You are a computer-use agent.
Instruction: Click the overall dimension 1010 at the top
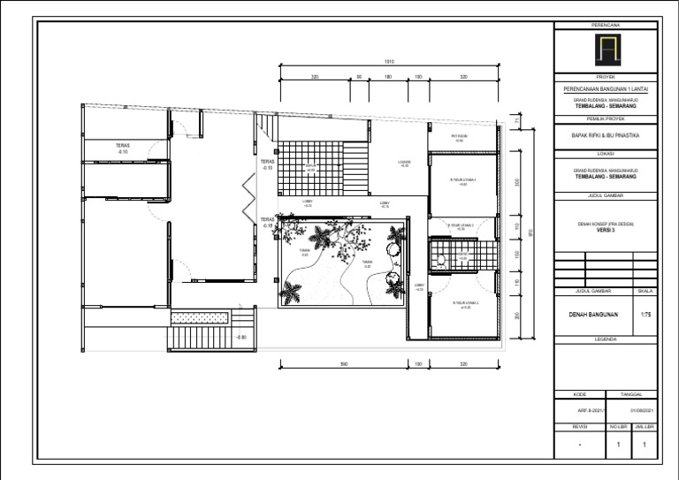pos(389,61)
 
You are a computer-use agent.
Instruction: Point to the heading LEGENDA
pos(607,339)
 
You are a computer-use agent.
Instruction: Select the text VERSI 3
pos(607,230)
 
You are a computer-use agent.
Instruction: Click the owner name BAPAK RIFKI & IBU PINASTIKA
pos(607,136)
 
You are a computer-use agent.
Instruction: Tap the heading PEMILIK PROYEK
pos(607,118)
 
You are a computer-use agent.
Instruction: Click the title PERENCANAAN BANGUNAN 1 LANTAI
pos(607,89)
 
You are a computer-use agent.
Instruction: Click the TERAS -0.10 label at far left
pos(122,149)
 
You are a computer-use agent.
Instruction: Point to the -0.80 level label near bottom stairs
pos(240,337)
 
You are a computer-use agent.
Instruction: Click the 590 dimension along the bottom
pos(344,363)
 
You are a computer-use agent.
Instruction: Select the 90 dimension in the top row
pos(359,77)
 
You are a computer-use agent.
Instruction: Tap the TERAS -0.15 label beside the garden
pos(267,223)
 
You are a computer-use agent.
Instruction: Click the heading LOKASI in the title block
pos(607,153)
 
